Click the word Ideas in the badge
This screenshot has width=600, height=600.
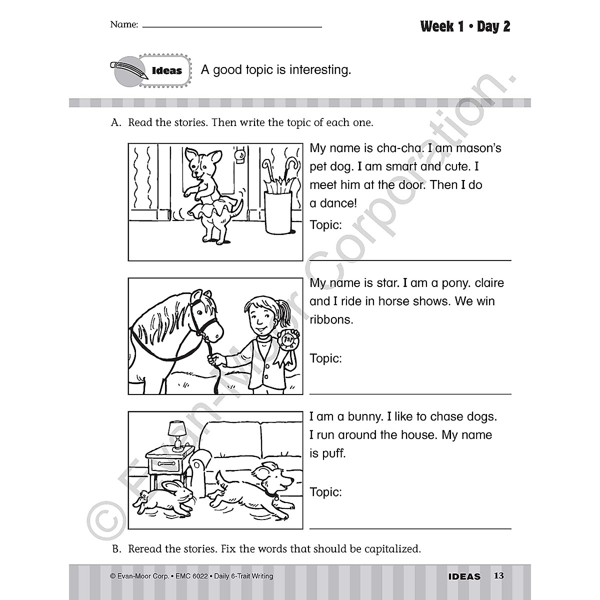(x=166, y=71)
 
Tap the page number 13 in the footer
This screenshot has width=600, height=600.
(x=498, y=576)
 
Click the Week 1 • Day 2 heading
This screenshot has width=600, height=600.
(x=465, y=26)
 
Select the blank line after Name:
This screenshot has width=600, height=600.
(x=232, y=26)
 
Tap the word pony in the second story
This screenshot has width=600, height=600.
(x=453, y=283)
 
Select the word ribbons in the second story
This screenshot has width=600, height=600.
(x=331, y=319)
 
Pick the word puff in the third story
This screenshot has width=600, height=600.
(x=334, y=454)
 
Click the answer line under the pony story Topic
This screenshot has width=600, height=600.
(x=410, y=393)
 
